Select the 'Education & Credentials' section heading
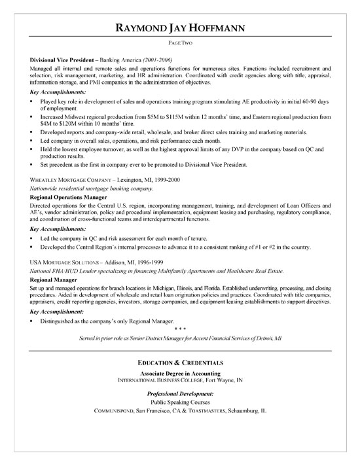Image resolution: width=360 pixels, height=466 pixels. (x=179, y=361)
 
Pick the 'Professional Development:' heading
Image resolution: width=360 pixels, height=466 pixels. (x=179, y=393)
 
